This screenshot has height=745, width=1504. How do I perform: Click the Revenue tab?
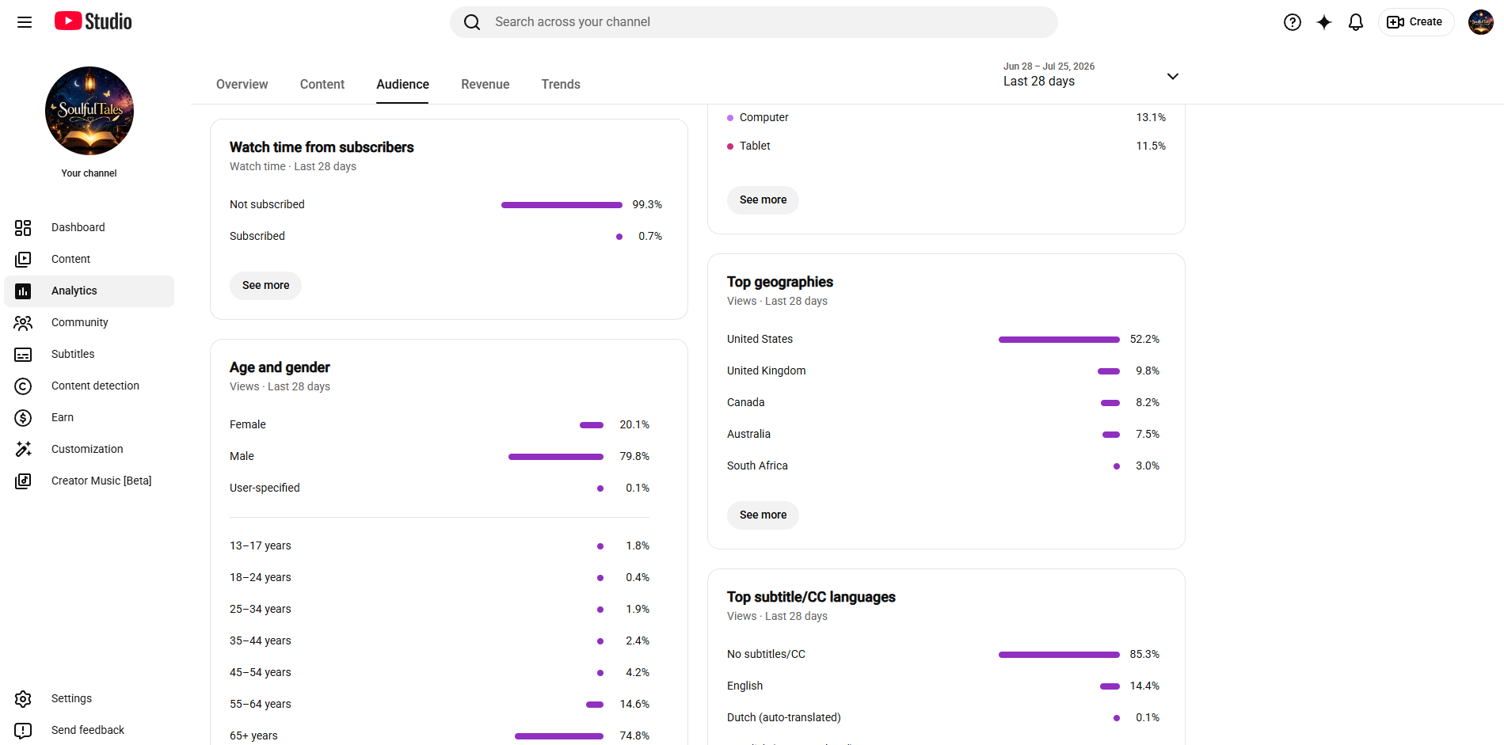point(485,84)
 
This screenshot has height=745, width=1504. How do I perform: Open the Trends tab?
point(561,84)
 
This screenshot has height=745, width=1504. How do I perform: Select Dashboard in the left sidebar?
point(78,227)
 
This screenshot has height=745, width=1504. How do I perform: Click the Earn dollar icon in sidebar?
point(23,418)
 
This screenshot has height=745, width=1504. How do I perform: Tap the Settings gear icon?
point(23,699)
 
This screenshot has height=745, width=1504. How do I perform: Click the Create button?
point(1416,22)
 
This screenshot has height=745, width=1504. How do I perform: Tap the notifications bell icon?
point(1356,22)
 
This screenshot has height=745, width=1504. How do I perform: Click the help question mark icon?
point(1293,22)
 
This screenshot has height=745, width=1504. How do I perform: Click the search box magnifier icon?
point(472,22)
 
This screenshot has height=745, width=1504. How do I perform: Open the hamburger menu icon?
point(25,22)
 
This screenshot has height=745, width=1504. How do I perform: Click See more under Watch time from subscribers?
point(265,286)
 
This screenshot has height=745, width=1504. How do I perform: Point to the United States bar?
point(1059,340)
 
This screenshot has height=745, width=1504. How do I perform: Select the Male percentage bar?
point(556,457)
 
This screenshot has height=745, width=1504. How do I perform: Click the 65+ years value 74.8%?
point(634,735)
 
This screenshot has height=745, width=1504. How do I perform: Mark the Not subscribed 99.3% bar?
point(562,205)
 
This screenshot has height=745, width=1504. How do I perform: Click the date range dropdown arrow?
point(1173,76)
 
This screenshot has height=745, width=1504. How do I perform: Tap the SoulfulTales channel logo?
point(89,111)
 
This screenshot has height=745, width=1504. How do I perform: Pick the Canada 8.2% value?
point(1148,402)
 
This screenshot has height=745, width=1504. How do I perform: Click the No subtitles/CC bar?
point(1059,655)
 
